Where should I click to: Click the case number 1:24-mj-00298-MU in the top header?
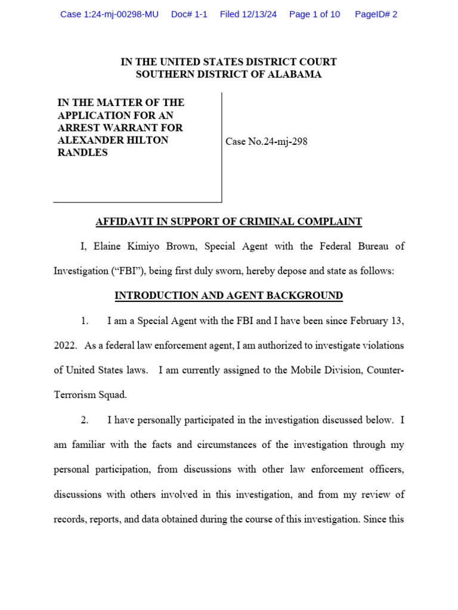[x=109, y=14]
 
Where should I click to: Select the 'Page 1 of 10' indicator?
[x=314, y=14]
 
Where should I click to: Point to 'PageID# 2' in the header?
[x=376, y=14]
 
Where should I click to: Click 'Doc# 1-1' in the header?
[x=189, y=14]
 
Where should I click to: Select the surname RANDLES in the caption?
[x=83, y=152]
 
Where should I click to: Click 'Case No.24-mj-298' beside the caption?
[x=267, y=142]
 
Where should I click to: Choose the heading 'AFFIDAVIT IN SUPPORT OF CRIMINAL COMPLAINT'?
[x=229, y=222]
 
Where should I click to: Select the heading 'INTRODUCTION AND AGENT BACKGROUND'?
[x=229, y=295]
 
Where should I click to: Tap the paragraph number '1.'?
[x=85, y=321]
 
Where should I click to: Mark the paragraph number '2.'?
[x=85, y=420]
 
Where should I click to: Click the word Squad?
[x=112, y=395]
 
